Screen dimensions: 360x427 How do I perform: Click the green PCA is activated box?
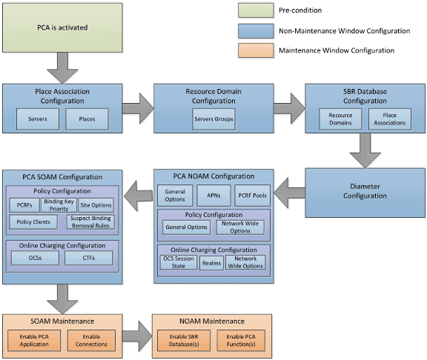(x=62, y=28)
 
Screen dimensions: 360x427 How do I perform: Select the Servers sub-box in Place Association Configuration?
(x=39, y=118)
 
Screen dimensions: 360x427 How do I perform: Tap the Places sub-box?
(x=87, y=118)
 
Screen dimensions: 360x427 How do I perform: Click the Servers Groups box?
(x=213, y=118)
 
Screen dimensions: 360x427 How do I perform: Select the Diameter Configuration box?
(x=365, y=191)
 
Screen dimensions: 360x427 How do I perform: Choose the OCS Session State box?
(x=179, y=263)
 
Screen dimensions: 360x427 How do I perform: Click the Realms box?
(x=211, y=263)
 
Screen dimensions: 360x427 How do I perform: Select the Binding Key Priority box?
(x=58, y=204)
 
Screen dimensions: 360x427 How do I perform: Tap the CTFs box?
(x=88, y=259)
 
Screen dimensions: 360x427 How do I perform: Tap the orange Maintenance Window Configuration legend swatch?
(x=256, y=50)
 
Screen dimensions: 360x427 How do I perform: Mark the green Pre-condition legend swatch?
(x=256, y=10)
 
